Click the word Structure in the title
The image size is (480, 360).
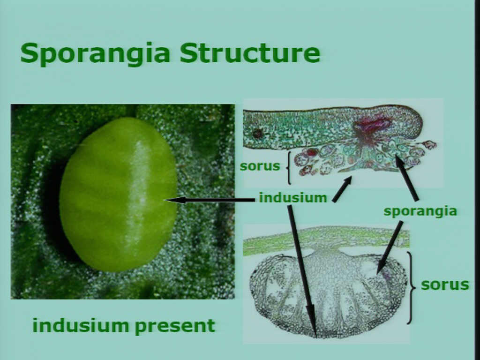click(250, 53)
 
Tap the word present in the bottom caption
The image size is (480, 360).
click(175, 327)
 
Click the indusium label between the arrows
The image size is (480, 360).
click(293, 198)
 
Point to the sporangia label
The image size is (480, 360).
click(420, 211)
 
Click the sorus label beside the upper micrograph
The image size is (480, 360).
click(260, 166)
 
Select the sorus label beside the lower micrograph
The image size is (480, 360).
click(445, 285)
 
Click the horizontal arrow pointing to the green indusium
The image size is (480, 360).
click(210, 200)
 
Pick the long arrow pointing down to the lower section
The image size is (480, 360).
click(302, 271)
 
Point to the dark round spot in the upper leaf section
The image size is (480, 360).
click(257, 134)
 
